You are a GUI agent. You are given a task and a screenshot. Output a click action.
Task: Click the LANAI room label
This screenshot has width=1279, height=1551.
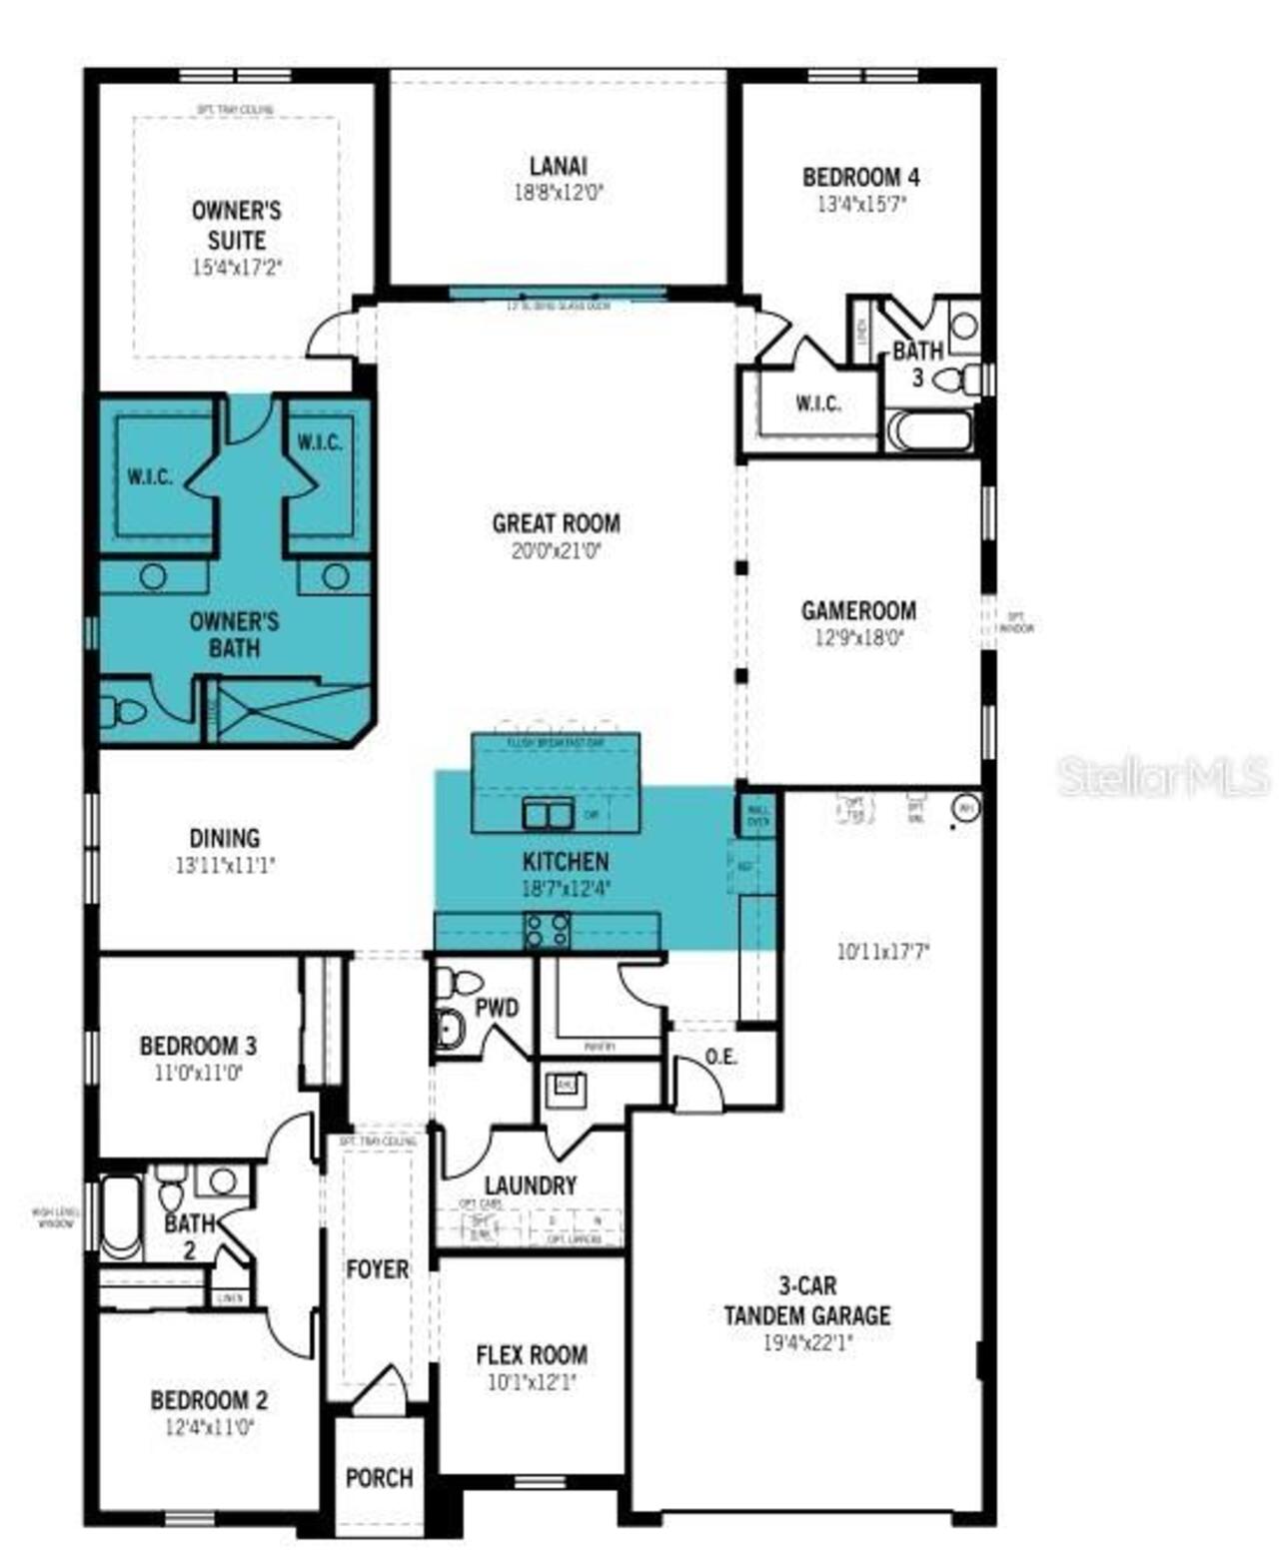(558, 166)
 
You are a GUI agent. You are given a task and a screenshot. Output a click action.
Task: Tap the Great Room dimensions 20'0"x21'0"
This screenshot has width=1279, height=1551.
(556, 550)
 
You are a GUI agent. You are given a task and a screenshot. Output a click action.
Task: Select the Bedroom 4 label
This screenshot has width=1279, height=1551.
(860, 177)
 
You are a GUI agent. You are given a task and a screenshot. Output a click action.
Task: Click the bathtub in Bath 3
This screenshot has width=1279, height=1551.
(929, 431)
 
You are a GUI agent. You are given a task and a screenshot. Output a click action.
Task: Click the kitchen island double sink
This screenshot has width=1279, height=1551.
(548, 815)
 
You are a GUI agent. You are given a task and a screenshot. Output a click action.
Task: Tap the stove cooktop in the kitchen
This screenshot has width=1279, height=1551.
(548, 931)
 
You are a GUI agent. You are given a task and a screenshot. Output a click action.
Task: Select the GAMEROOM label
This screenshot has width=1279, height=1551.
(858, 610)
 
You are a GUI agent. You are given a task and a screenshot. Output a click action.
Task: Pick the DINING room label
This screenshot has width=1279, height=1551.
(225, 839)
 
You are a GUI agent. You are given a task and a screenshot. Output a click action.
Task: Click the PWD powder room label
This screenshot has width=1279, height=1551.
(497, 1008)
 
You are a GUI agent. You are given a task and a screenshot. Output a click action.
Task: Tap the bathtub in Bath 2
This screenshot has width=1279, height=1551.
(122, 1216)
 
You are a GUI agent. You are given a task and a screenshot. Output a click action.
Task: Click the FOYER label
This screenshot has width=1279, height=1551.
(377, 1269)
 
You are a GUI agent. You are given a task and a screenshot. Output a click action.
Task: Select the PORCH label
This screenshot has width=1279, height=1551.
(379, 1477)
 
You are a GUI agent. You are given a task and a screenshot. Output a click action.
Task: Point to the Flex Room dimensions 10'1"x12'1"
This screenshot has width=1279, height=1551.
(531, 1383)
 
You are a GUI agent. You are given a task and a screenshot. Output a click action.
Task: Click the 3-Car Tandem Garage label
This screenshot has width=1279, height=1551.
(806, 1300)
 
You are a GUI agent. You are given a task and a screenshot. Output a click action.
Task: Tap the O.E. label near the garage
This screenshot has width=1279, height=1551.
(720, 1057)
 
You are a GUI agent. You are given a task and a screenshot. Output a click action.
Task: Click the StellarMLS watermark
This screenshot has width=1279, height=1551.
(1163, 776)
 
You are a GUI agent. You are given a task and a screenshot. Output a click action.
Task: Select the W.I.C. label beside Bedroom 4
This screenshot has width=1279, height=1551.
(818, 403)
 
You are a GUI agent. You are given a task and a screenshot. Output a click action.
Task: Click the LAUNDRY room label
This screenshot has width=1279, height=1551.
(530, 1185)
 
